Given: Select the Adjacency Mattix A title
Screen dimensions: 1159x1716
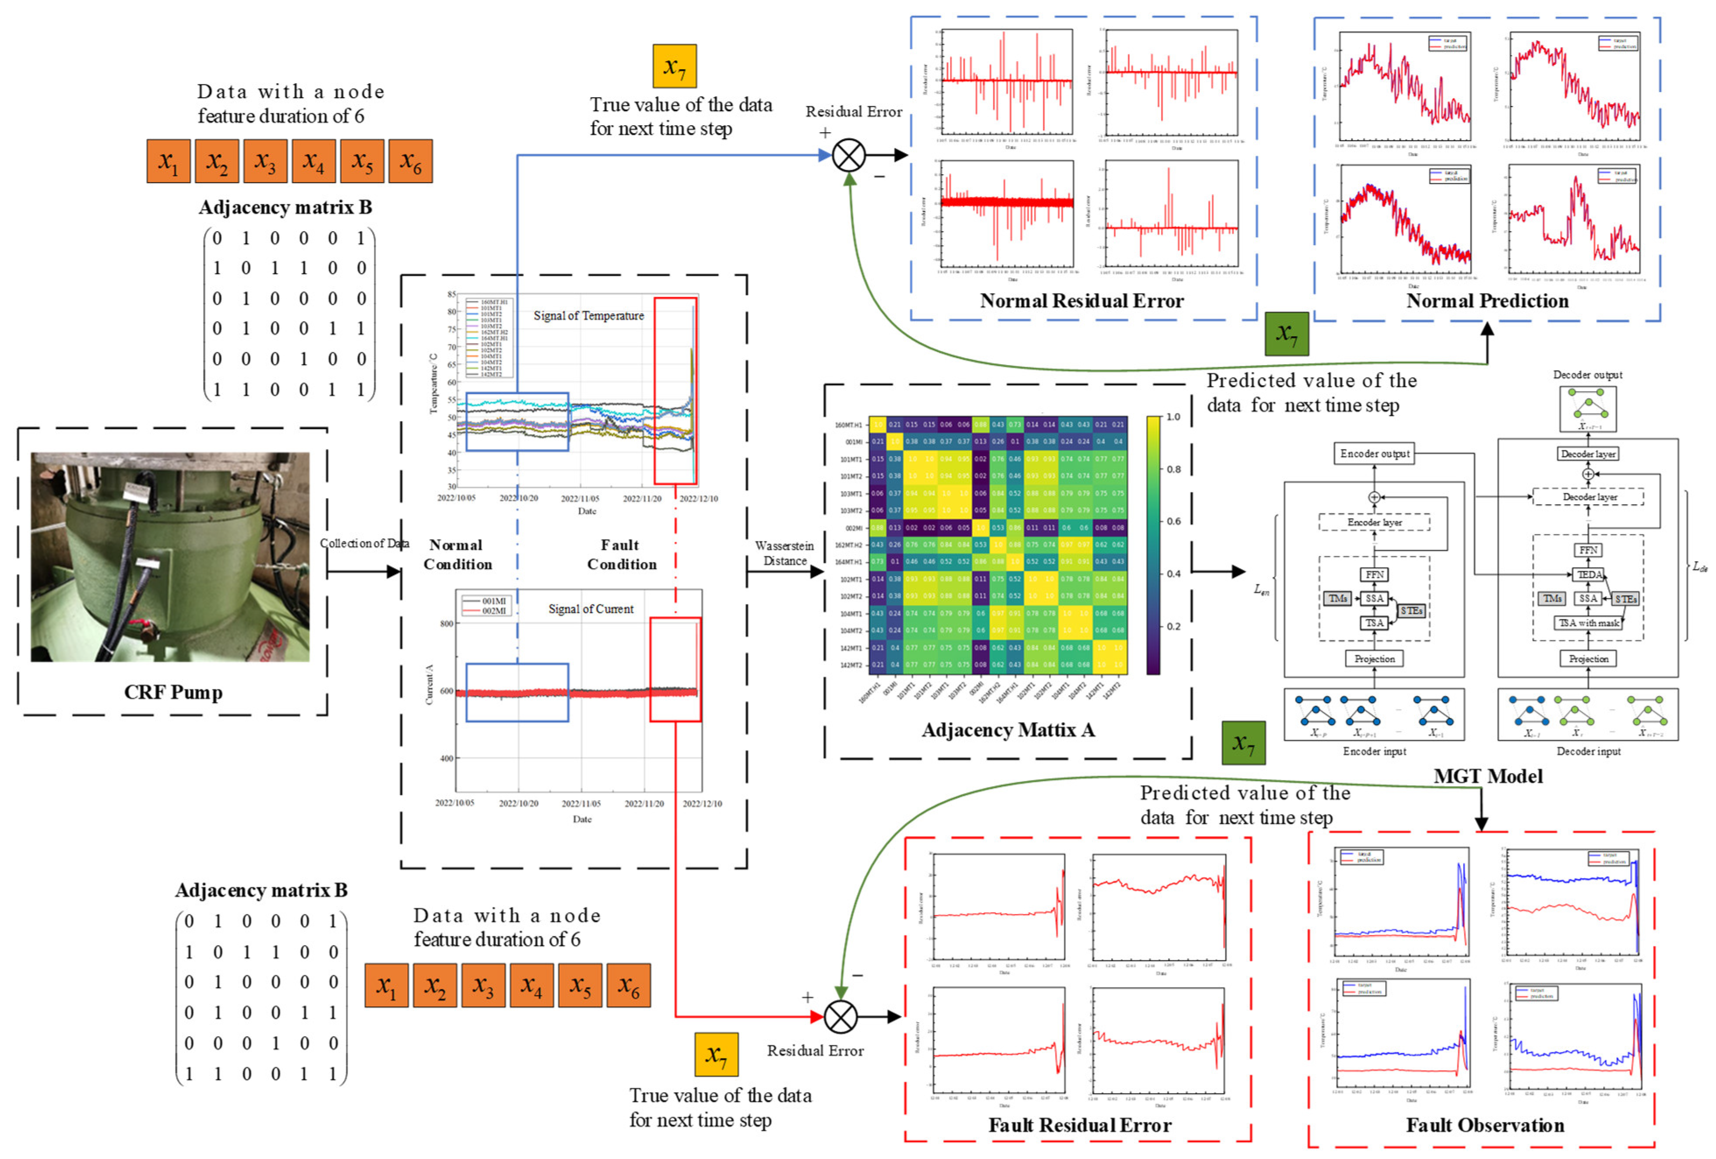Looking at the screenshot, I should (1007, 730).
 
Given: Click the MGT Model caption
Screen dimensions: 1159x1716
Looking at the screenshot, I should (1488, 776).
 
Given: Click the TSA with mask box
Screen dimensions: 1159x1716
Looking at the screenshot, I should (1588, 623).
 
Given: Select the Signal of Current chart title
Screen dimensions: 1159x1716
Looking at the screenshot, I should (591, 609).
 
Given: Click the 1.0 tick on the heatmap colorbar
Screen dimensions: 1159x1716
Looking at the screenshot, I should (1173, 417).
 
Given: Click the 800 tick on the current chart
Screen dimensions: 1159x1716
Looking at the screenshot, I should (447, 623).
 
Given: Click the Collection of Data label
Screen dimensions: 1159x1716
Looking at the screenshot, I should (364, 543).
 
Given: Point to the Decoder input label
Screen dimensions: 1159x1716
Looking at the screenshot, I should (1588, 752).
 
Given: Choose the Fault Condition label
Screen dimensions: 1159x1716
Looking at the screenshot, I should (621, 555).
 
